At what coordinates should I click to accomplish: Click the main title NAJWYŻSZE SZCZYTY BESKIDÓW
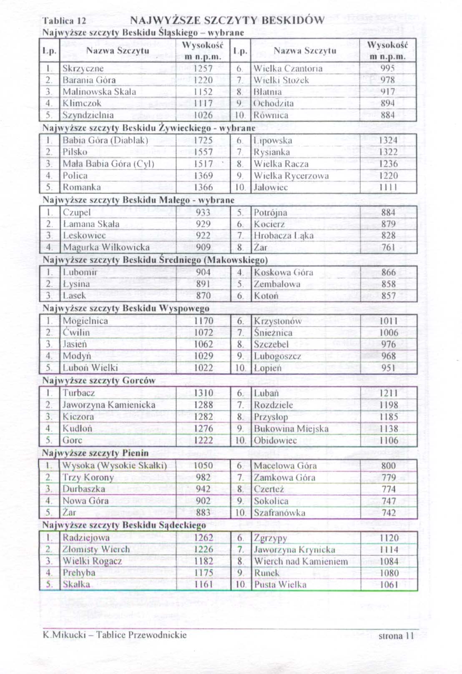(227, 20)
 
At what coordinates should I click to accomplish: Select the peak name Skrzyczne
(83, 68)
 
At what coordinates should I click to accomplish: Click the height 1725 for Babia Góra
(203, 141)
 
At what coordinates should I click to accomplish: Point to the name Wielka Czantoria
(288, 68)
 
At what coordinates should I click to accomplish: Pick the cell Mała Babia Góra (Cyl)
(108, 164)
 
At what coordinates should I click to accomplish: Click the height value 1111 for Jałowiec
(388, 188)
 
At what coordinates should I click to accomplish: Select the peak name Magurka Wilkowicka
(106, 247)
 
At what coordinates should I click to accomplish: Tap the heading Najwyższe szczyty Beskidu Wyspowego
(126, 309)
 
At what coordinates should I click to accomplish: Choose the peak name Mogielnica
(85, 321)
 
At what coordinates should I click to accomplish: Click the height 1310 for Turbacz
(203, 393)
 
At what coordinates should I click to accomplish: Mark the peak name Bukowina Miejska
(291, 429)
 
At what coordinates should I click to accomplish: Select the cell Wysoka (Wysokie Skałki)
(114, 466)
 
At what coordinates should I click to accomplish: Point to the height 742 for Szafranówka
(389, 513)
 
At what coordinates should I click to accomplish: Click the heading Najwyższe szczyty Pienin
(95, 453)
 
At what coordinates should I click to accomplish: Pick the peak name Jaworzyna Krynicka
(294, 550)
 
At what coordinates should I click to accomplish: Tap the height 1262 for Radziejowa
(203, 538)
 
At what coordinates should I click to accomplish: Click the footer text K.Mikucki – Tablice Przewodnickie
(115, 635)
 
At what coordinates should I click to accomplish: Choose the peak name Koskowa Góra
(283, 273)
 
